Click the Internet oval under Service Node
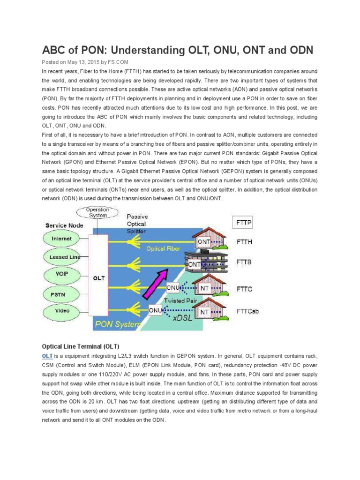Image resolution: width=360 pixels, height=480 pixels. tap(62, 239)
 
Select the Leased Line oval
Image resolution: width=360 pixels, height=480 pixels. tap(62, 257)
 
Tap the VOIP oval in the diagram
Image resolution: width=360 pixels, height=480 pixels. tap(62, 275)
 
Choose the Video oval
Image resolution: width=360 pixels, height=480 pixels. tap(62, 311)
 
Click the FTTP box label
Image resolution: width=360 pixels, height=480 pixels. tap(244, 221)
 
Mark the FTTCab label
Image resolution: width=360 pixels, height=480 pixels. tap(247, 311)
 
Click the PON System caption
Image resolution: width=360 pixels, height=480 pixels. tap(117, 324)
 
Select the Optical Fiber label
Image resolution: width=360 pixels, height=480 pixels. tap(162, 248)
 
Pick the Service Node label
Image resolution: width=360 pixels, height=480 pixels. tap(64, 225)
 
